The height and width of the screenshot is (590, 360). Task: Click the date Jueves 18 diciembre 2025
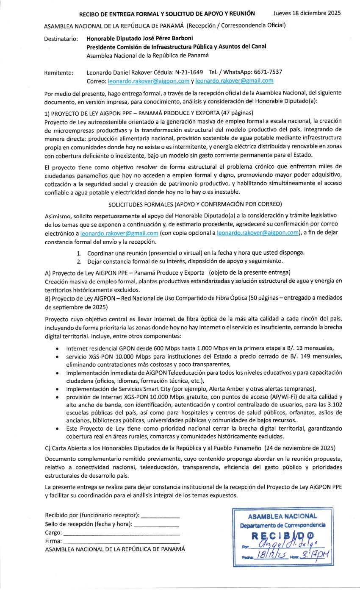click(x=307, y=13)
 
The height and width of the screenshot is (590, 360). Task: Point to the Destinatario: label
click(x=61, y=39)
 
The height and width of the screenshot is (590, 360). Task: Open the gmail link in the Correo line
click(x=234, y=81)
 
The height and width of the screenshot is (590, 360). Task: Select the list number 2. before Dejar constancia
click(x=80, y=261)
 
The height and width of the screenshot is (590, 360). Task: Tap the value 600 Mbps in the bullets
click(x=164, y=348)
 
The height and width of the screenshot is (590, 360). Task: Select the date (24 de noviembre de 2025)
click(x=300, y=448)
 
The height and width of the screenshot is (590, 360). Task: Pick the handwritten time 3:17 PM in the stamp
click(x=314, y=555)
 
